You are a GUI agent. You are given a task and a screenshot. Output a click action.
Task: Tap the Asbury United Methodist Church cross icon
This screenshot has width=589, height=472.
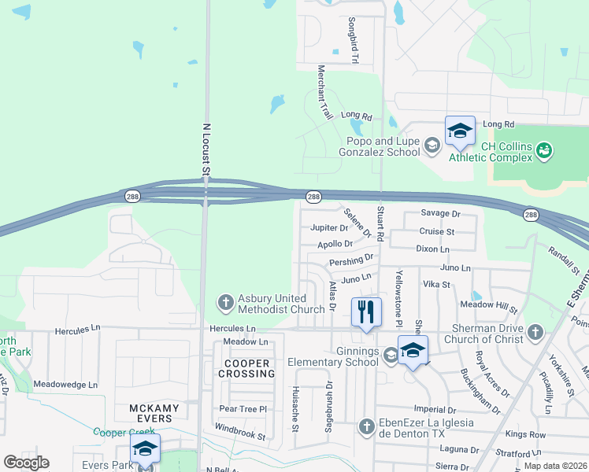pos(225,302)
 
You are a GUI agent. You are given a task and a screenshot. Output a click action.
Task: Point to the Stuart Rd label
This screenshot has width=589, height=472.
pos(380,225)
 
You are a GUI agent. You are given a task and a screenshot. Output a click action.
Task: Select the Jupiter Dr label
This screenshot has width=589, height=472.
pos(329,228)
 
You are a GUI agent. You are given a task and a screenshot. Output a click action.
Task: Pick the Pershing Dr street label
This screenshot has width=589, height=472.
pos(351,260)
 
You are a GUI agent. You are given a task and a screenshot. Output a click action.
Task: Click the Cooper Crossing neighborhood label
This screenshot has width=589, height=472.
pos(249,369)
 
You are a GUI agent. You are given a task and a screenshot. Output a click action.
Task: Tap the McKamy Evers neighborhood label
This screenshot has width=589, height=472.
pos(154,413)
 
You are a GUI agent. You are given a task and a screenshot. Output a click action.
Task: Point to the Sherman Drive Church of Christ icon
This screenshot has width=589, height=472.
pos(536,331)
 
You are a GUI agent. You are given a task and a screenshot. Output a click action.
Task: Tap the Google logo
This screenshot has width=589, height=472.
pos(26,463)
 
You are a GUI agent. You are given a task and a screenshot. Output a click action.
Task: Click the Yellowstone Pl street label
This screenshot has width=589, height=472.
pos(398,297)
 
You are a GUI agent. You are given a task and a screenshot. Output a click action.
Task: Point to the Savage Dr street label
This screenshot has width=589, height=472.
pos(439,214)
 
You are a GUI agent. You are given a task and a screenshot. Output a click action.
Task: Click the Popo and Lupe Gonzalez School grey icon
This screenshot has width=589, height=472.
pos(432,146)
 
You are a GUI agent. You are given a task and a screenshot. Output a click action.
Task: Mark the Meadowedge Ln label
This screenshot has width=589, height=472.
pos(65,385)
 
